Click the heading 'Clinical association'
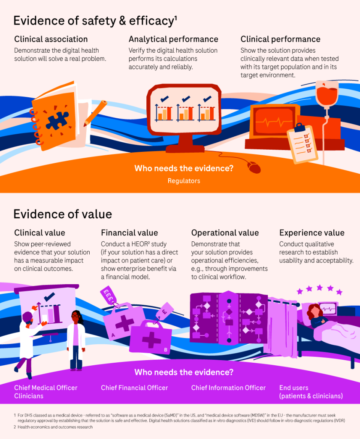coord(51,39)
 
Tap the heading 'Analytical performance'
coord(173,39)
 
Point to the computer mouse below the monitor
coord(254,167)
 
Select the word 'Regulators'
coord(184,181)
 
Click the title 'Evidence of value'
coord(63,214)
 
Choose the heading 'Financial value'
coord(130,233)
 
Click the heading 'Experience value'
coord(312,233)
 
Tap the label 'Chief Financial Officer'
coord(134,388)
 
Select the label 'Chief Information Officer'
coord(228,388)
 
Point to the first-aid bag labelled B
coord(151,339)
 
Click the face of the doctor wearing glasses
coord(76,318)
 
